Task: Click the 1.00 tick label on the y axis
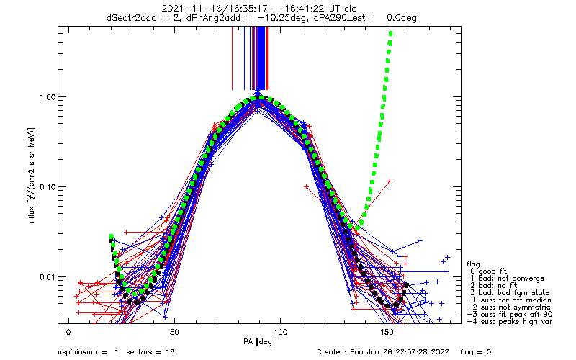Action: click(45, 96)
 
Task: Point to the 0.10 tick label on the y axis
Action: click(45, 186)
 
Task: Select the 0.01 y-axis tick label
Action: click(45, 276)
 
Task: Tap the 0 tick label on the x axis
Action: click(68, 333)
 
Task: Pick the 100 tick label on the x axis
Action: click(283, 333)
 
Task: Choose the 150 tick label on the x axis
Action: click(390, 333)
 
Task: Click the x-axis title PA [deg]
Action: click(257, 342)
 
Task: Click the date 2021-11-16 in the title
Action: click(186, 7)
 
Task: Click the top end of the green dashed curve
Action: click(391, 33)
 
